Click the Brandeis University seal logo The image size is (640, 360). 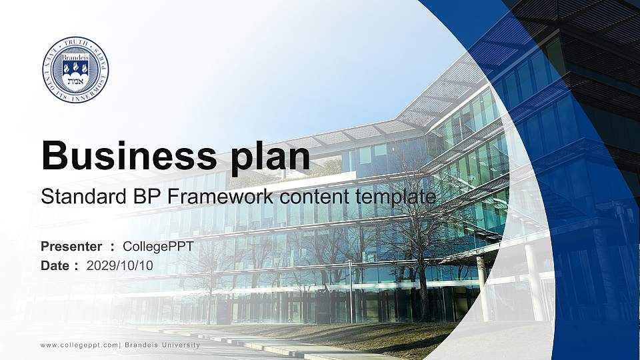click(75, 69)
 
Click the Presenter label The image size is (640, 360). click(71, 247)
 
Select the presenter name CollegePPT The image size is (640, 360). click(158, 247)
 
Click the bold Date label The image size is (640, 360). click(55, 265)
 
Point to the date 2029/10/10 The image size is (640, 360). click(119, 265)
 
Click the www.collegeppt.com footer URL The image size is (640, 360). click(79, 345)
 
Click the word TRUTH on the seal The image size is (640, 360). click(75, 43)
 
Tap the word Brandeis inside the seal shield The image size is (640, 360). click(75, 58)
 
